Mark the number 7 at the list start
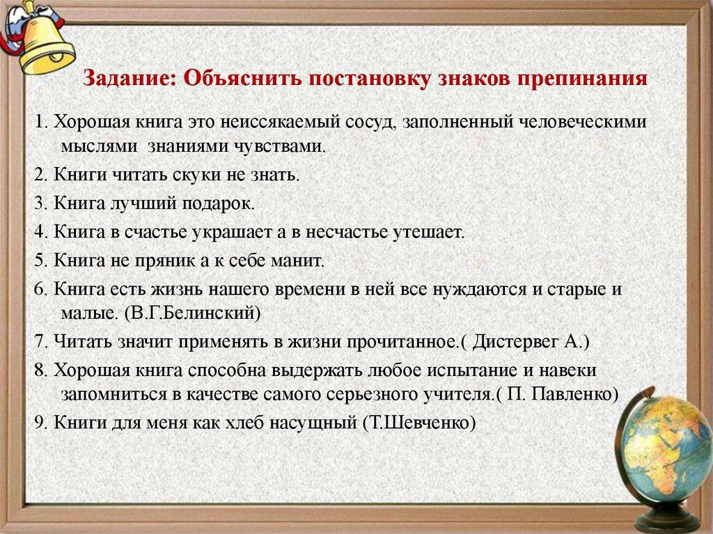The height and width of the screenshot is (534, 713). (x=39, y=342)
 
